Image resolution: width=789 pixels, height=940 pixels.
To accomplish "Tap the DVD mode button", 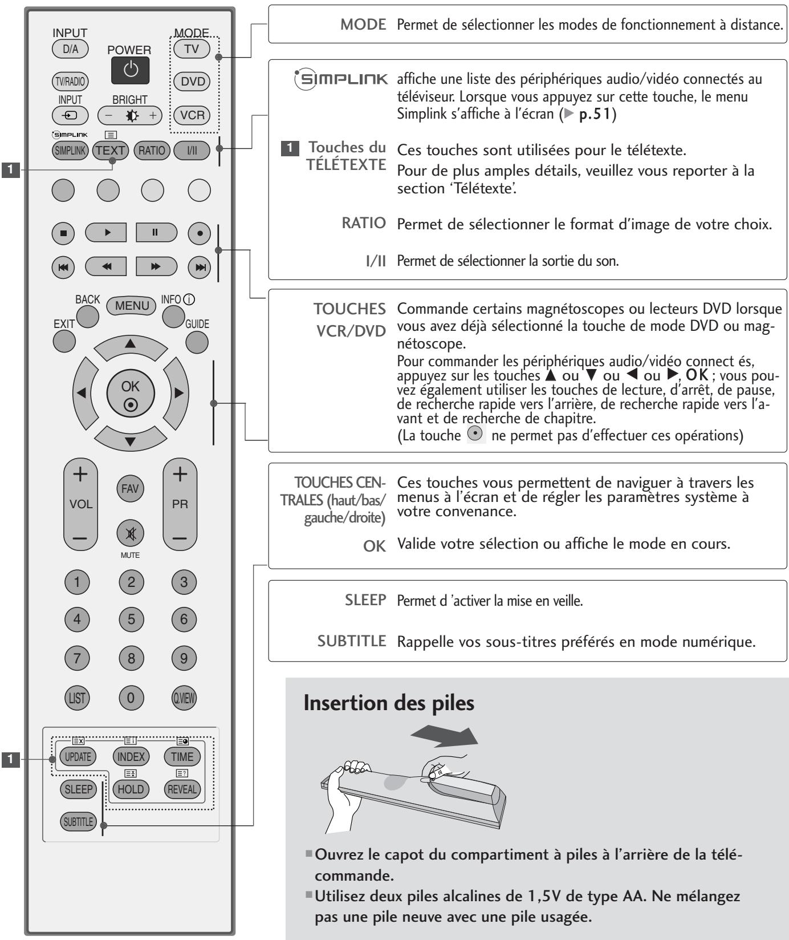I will pyautogui.click(x=192, y=82).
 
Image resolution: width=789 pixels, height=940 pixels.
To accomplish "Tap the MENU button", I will pyautogui.click(x=132, y=305).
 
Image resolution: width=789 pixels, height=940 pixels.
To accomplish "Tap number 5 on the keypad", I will pyautogui.click(x=131, y=619).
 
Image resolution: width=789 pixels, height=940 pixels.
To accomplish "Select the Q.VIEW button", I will pyautogui.click(x=184, y=697).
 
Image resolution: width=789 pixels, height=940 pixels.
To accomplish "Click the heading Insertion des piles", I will pyautogui.click(x=389, y=703).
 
